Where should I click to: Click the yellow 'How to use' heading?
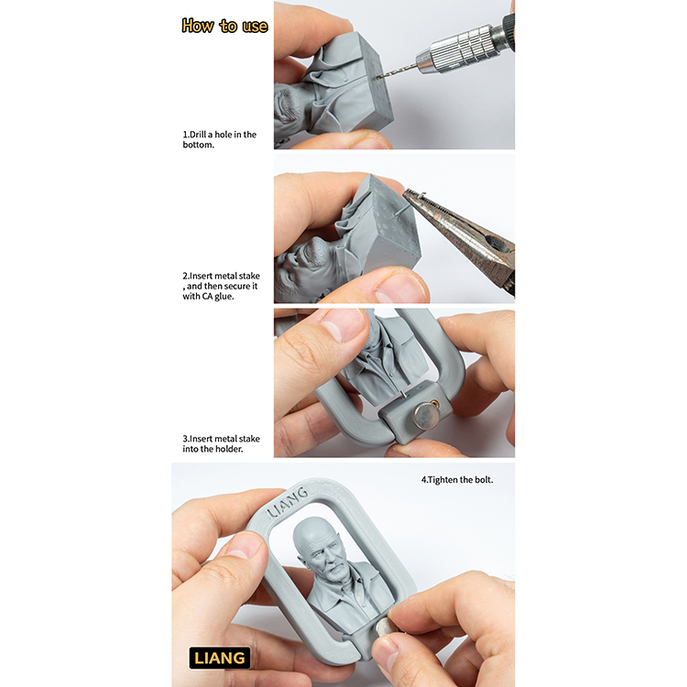[x=224, y=26]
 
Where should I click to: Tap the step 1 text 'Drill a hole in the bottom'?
[x=220, y=139]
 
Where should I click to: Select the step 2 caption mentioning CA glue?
[x=221, y=286]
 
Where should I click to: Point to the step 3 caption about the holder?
[x=221, y=443]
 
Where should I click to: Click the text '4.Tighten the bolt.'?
[x=457, y=480]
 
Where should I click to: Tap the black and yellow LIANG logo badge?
[x=220, y=658]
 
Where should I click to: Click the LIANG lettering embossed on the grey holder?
[x=288, y=502]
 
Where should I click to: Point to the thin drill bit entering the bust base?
[x=397, y=72]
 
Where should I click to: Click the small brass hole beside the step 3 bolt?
[x=434, y=402]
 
